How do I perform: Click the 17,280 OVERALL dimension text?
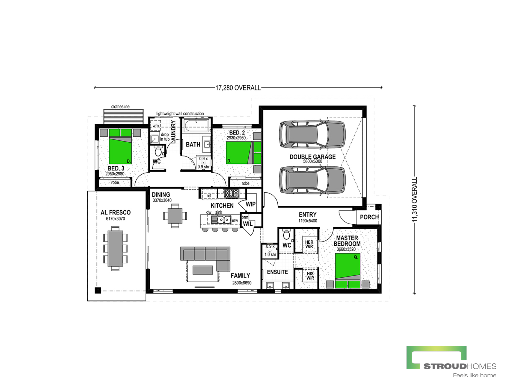238,88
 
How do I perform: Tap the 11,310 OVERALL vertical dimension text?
415,199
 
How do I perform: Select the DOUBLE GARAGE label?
313,157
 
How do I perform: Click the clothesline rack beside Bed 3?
123,117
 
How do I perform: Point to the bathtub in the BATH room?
197,126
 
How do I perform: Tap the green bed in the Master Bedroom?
347,270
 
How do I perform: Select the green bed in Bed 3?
120,146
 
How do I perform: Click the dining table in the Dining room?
175,216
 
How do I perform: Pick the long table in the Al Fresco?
115,248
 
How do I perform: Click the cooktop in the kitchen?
231,193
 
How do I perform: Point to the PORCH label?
369,217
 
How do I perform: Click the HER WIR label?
309,244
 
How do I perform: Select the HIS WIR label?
310,276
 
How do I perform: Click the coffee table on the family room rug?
203,270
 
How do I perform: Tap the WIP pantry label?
251,204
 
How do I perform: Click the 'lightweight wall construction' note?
180,114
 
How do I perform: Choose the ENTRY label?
308,215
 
